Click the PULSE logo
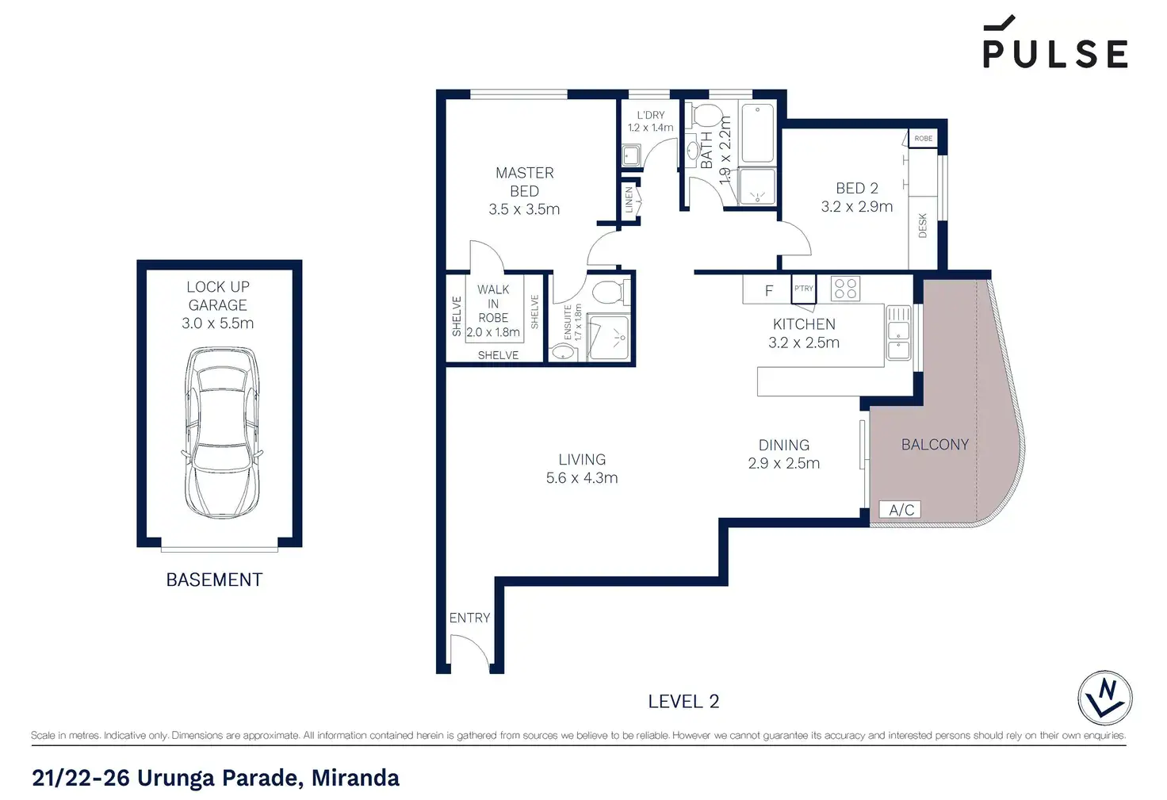click(1055, 42)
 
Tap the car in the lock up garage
click(221, 432)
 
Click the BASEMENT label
click(214, 580)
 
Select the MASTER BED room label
click(524, 182)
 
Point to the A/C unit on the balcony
click(900, 509)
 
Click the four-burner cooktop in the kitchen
click(845, 289)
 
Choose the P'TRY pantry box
click(803, 289)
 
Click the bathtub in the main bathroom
click(757, 133)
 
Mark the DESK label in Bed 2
click(923, 226)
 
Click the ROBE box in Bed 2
click(923, 138)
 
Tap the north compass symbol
click(1104, 698)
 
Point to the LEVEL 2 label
click(683, 702)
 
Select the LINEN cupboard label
click(629, 200)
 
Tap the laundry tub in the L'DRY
click(631, 155)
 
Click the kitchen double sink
click(898, 333)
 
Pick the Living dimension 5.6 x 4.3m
click(582, 478)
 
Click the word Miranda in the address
click(355, 778)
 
